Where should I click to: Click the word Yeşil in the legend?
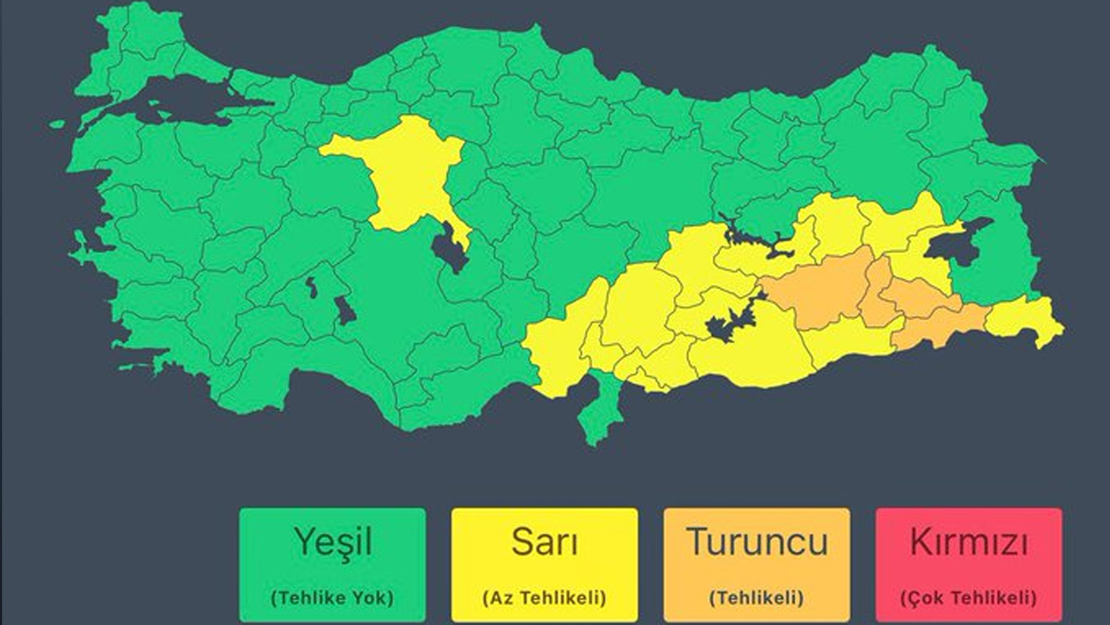(332, 542)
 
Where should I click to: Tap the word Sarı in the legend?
(544, 542)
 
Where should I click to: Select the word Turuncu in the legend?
(757, 542)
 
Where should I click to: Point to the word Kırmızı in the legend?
(968, 542)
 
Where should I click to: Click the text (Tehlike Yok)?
(332, 597)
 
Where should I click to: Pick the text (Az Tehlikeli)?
(544, 597)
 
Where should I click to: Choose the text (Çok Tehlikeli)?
(968, 597)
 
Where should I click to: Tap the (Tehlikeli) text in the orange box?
(757, 597)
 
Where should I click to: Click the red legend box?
(968, 565)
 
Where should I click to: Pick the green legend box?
(332, 565)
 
